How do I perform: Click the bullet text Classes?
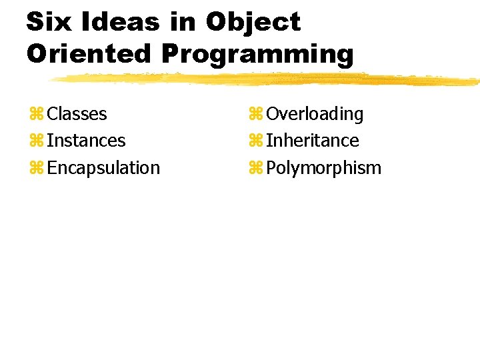coord(77,114)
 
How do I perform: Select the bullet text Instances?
coord(87,141)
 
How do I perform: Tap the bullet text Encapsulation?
coord(104,168)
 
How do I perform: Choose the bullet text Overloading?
coord(315,115)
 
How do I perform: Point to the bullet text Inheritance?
coord(313,141)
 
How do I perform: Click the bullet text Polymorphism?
coord(324,168)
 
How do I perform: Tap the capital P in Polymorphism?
coord(271,167)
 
